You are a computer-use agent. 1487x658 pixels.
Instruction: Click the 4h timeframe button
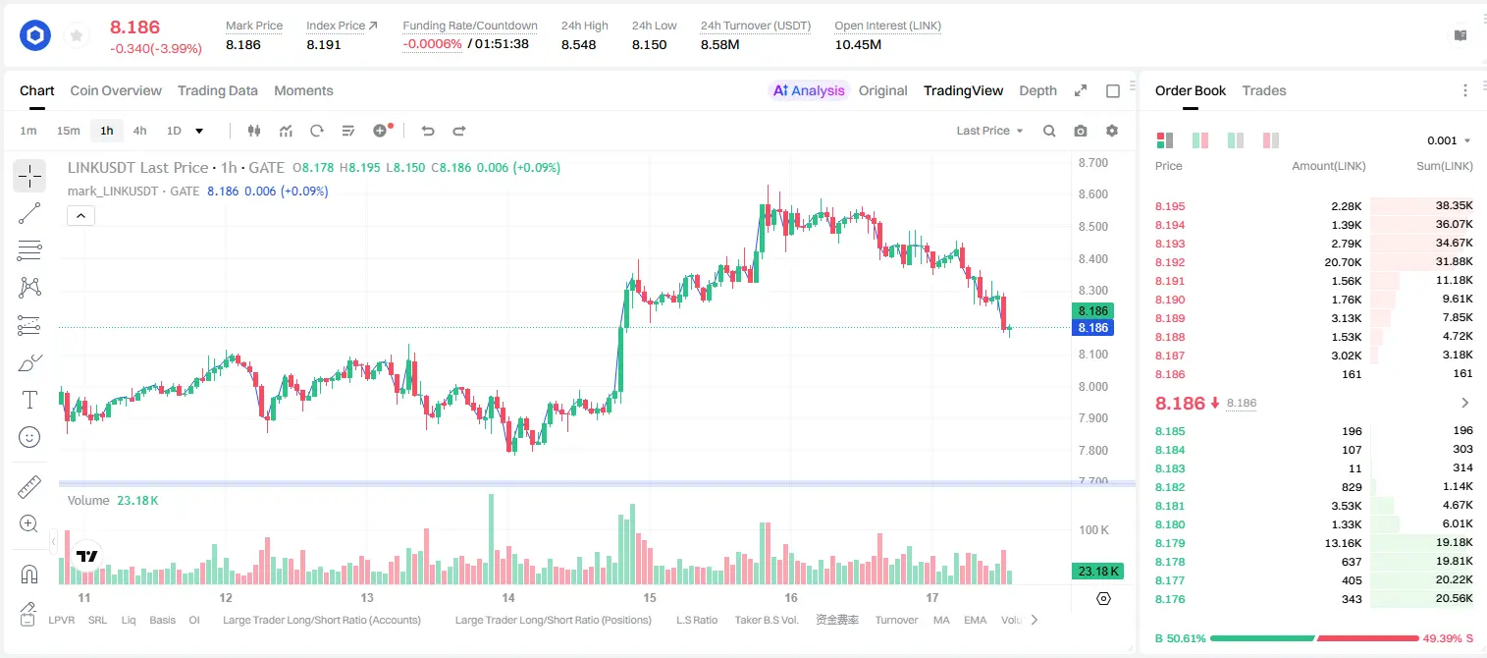[139, 131]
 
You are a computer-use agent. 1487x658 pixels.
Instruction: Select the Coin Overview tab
[116, 90]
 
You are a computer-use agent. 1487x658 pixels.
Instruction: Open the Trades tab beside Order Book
[1263, 90]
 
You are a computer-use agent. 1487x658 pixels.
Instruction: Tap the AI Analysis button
[809, 90]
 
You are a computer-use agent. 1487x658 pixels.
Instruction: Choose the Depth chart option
[1037, 90]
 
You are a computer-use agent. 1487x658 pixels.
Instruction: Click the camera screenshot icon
[1081, 131]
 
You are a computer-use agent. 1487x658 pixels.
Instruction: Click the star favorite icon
[77, 35]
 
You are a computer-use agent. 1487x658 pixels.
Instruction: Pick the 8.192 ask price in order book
[1170, 262]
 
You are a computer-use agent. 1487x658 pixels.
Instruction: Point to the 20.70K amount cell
[1343, 262]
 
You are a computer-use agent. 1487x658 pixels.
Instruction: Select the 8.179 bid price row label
[1170, 543]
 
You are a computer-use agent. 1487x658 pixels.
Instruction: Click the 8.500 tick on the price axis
[1092, 227]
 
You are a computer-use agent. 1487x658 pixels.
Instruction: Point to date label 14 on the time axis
[507, 597]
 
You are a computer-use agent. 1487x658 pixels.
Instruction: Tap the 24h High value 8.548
[578, 44]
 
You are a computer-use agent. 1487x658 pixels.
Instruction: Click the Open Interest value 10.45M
[858, 44]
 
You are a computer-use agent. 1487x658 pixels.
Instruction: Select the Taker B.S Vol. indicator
[766, 620]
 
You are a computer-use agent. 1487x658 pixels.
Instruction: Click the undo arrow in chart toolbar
[428, 131]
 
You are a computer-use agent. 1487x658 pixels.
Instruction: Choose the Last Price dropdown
[989, 131]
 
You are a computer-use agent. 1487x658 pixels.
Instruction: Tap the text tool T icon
[29, 400]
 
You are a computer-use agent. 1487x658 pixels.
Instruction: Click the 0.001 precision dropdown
[1449, 140]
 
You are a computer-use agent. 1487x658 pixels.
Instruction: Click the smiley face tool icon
[29, 437]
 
